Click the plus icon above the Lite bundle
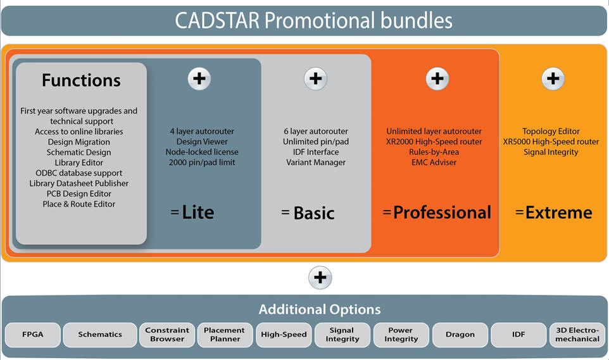tap(199, 79)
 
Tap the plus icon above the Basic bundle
tap(315, 79)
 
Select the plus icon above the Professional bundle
tap(437, 79)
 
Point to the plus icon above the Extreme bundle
tap(553, 79)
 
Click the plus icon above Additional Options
tap(320, 278)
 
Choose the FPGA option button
tap(33, 334)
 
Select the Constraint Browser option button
tap(167, 334)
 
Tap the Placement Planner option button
tap(225, 334)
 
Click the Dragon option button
tap(460, 334)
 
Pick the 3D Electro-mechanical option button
tap(577, 334)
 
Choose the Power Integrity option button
tap(401, 334)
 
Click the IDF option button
tap(518, 334)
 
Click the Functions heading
tap(81, 80)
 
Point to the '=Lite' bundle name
tap(192, 213)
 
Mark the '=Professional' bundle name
tap(437, 213)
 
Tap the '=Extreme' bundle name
tap(553, 213)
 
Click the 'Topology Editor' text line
tap(551, 131)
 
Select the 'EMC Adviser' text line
tap(434, 163)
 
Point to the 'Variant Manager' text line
tap(316, 163)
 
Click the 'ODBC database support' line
tap(79, 173)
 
